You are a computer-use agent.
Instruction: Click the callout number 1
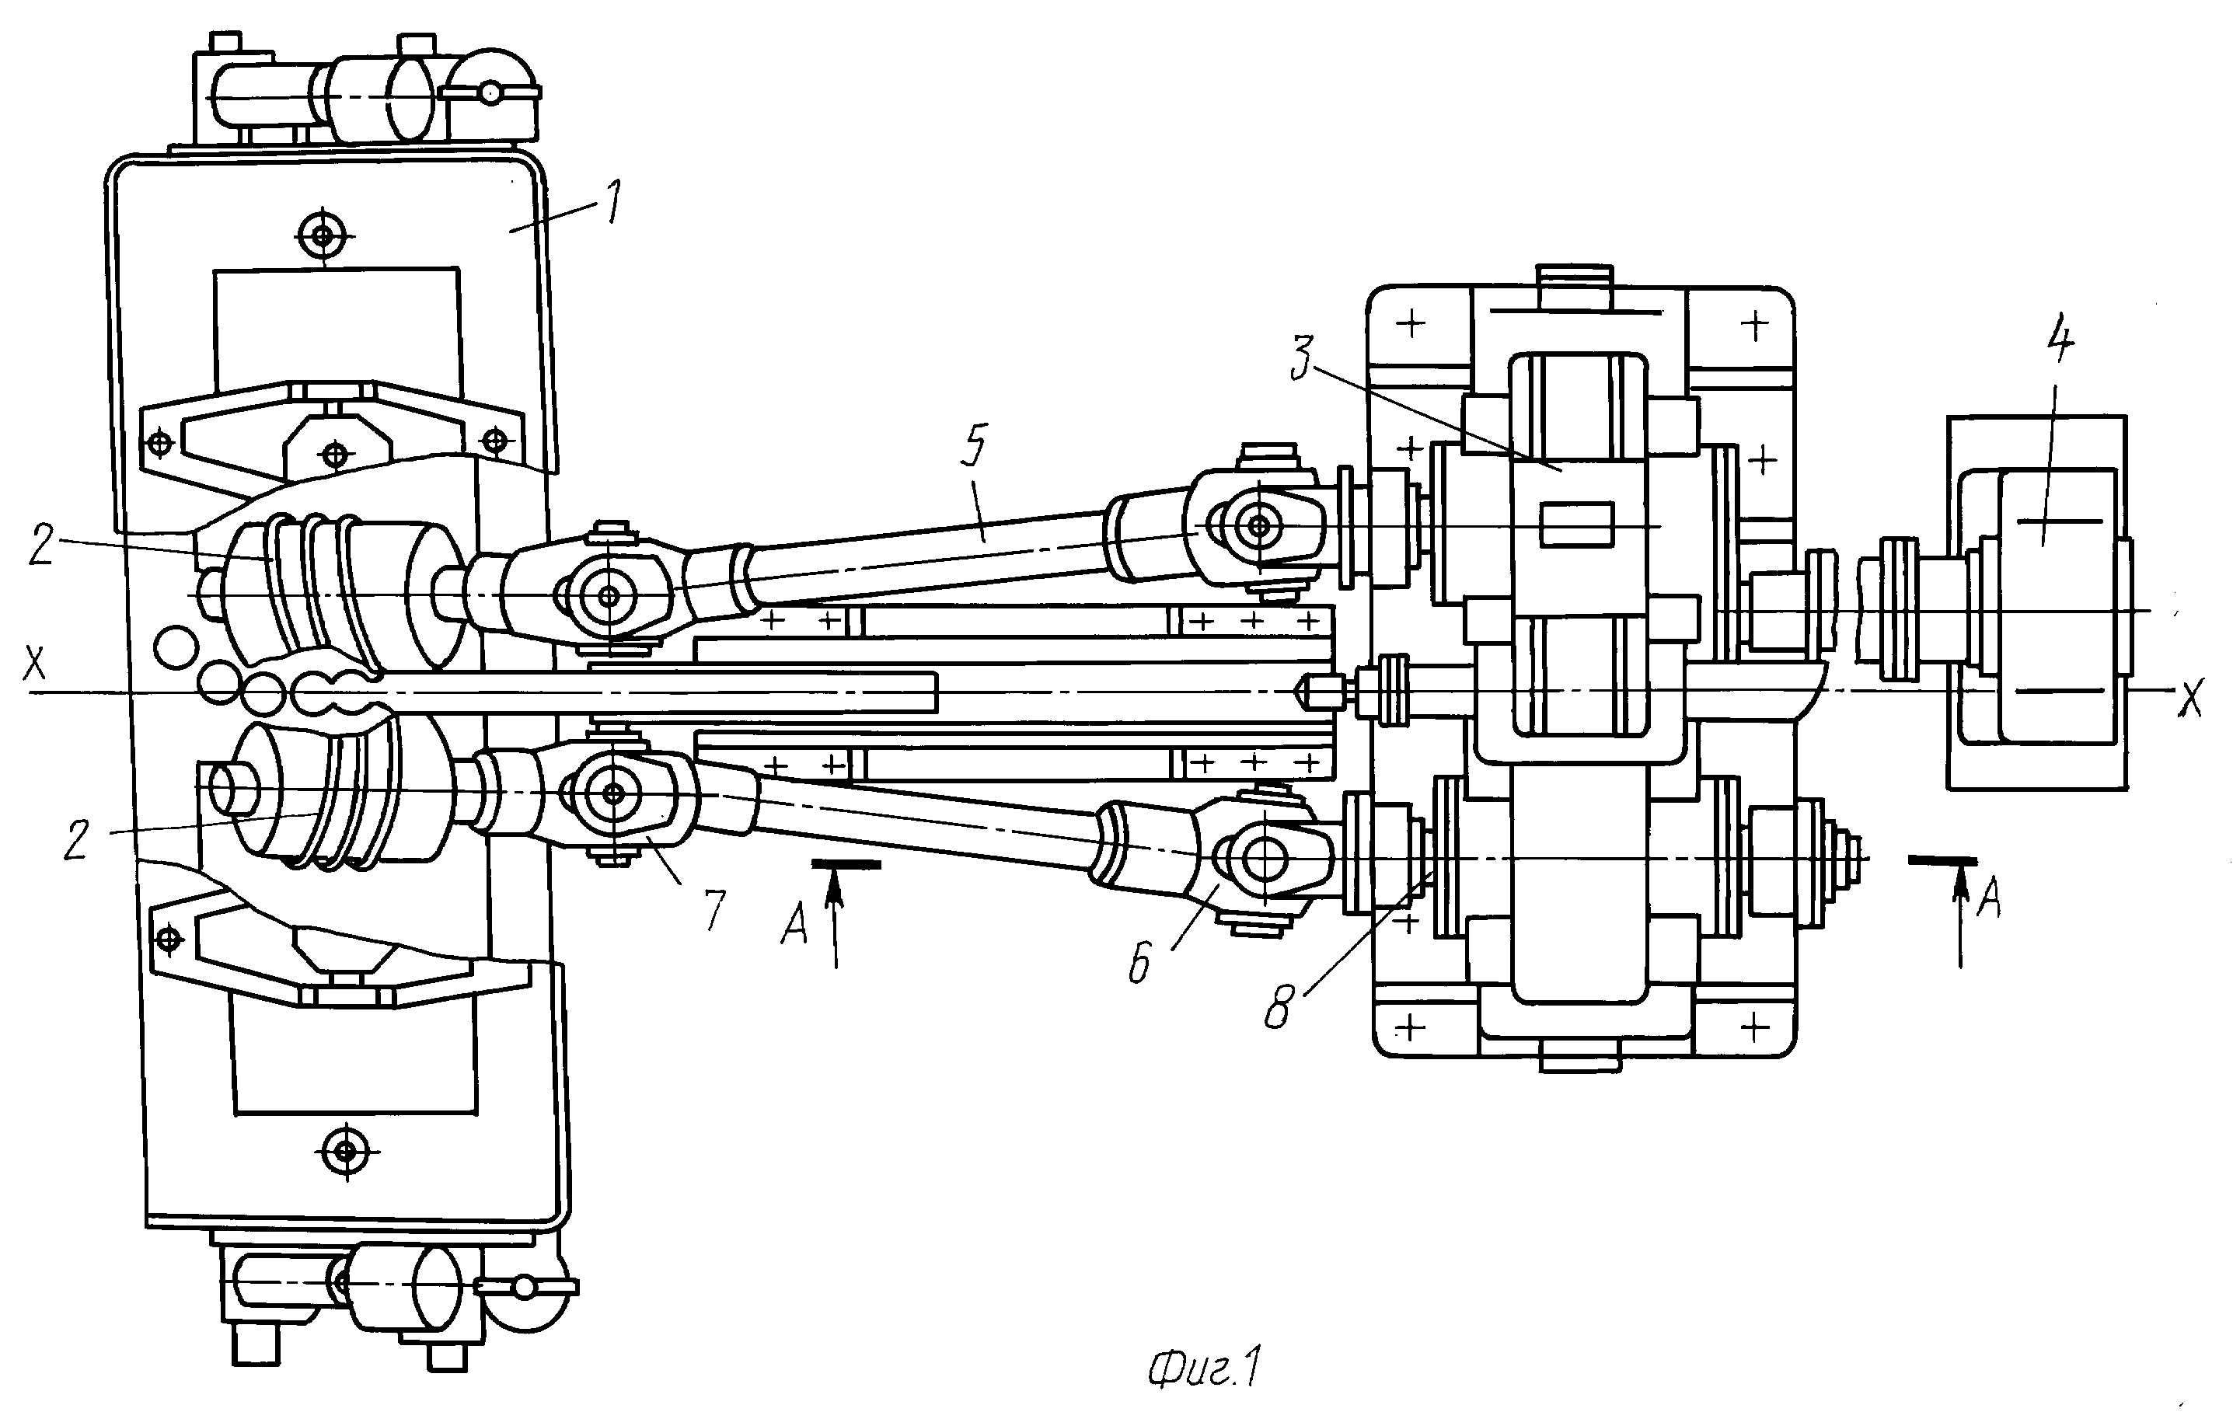click(613, 203)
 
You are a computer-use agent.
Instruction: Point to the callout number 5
click(975, 447)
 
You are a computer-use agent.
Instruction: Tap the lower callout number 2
click(76, 840)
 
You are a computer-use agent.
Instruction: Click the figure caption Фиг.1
click(1205, 1368)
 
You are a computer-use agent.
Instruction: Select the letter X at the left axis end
click(34, 664)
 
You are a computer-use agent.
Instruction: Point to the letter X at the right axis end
click(2191, 701)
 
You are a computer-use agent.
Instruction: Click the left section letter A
click(794, 924)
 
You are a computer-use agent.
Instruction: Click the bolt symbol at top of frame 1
click(323, 235)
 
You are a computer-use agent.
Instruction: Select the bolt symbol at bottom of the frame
click(347, 1152)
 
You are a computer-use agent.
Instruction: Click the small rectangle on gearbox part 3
click(1576, 524)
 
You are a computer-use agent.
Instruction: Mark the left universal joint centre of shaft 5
click(609, 595)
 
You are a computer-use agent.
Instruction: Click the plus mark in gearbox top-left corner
click(1411, 325)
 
